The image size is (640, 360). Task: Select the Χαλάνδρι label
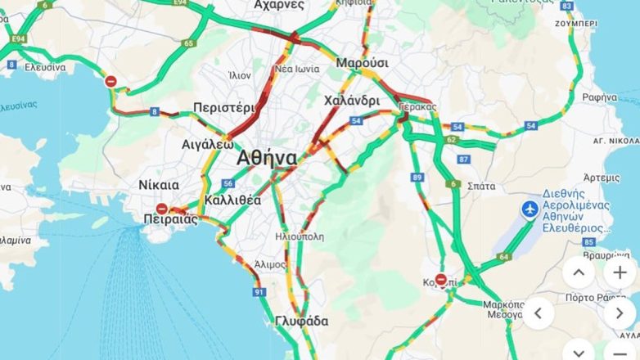point(351,101)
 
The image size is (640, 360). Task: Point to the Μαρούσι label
point(362,63)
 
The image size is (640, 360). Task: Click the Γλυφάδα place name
point(301,321)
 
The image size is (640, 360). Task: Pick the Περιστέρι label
point(225,108)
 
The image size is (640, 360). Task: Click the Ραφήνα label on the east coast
point(599,97)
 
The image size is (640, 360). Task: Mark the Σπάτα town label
point(480,186)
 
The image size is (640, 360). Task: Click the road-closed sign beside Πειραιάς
point(161,209)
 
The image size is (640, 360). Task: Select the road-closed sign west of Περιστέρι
point(110,81)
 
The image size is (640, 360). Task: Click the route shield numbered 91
point(259,291)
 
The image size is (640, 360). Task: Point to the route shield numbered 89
point(417,177)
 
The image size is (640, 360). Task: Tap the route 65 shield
point(189,43)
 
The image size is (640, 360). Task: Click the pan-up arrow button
point(579,272)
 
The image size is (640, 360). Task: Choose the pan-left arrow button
point(538,313)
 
